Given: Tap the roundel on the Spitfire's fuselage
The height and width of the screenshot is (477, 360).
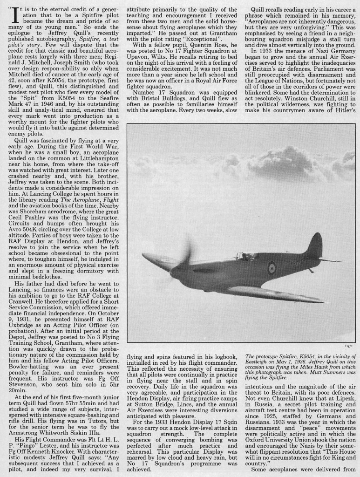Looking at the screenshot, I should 271,267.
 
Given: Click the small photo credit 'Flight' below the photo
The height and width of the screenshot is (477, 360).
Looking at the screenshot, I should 348,346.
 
